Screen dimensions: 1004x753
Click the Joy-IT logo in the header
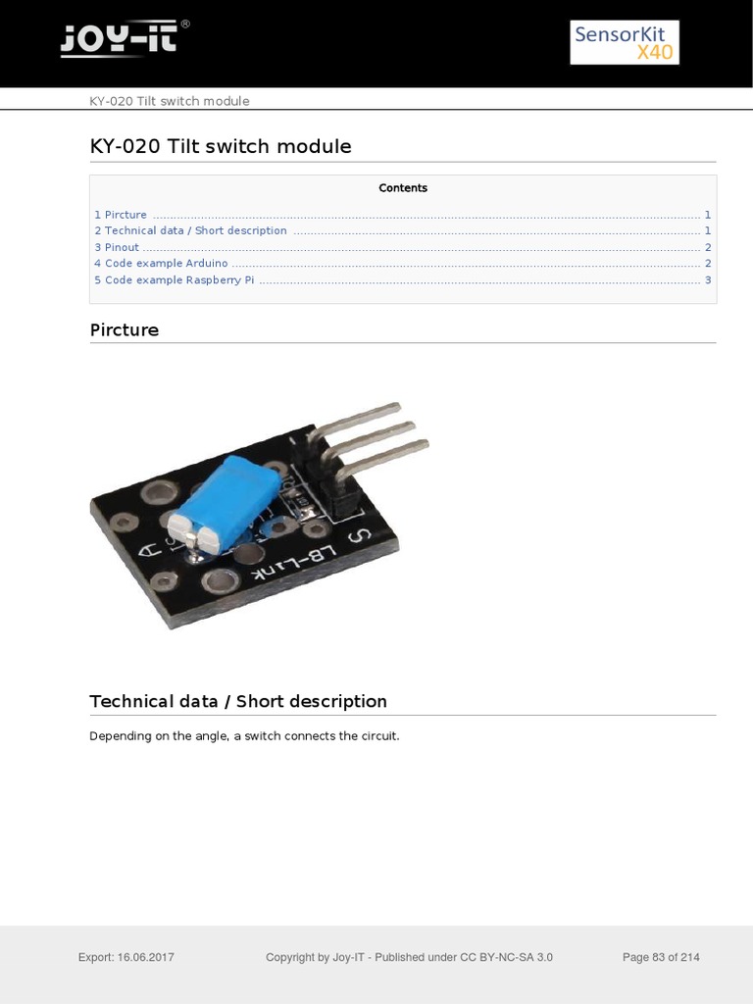124,40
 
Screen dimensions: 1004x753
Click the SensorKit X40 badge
625,43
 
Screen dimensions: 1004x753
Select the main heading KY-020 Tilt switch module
220,146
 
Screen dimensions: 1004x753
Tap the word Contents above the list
403,188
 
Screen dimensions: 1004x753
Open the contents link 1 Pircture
121,215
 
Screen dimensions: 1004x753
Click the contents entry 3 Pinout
117,247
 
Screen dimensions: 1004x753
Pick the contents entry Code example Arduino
161,264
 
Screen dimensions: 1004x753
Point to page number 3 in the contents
708,279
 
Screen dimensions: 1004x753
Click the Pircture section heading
124,329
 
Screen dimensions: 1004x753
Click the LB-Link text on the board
289,565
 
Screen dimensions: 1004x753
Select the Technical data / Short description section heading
237,701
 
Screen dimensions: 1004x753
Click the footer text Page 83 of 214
661,957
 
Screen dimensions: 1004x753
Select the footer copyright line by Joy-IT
409,957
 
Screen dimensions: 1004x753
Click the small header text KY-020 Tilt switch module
169,101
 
